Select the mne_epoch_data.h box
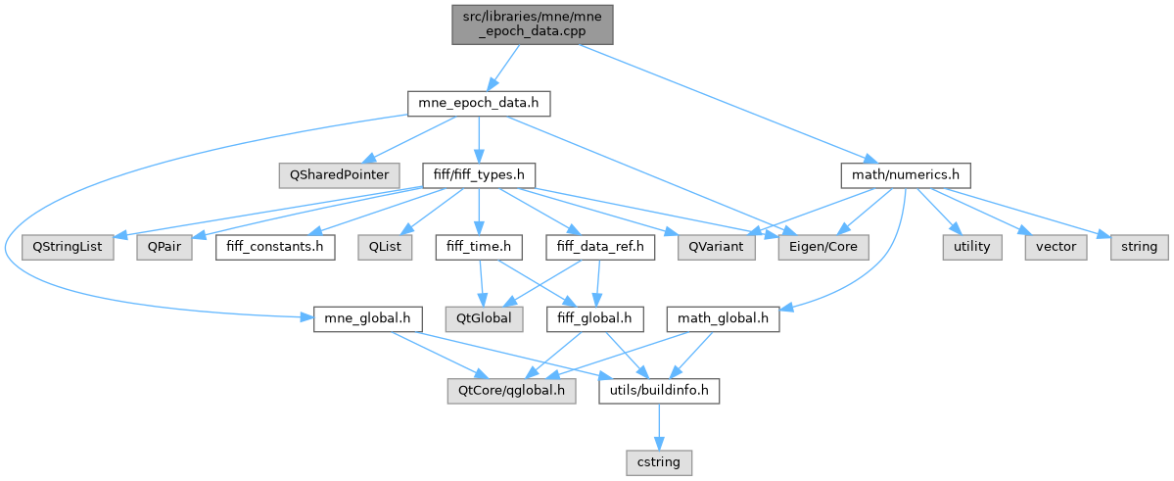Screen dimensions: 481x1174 pyautogui.click(x=479, y=101)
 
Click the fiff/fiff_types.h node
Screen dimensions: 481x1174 pyautogui.click(x=479, y=174)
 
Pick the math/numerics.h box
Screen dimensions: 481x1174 pyautogui.click(x=905, y=174)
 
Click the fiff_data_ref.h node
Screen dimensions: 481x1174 pyautogui.click(x=599, y=247)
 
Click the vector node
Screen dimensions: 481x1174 pyautogui.click(x=1055, y=247)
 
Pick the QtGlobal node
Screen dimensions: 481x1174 pyautogui.click(x=478, y=319)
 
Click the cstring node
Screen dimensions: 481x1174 pyautogui.click(x=659, y=458)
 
